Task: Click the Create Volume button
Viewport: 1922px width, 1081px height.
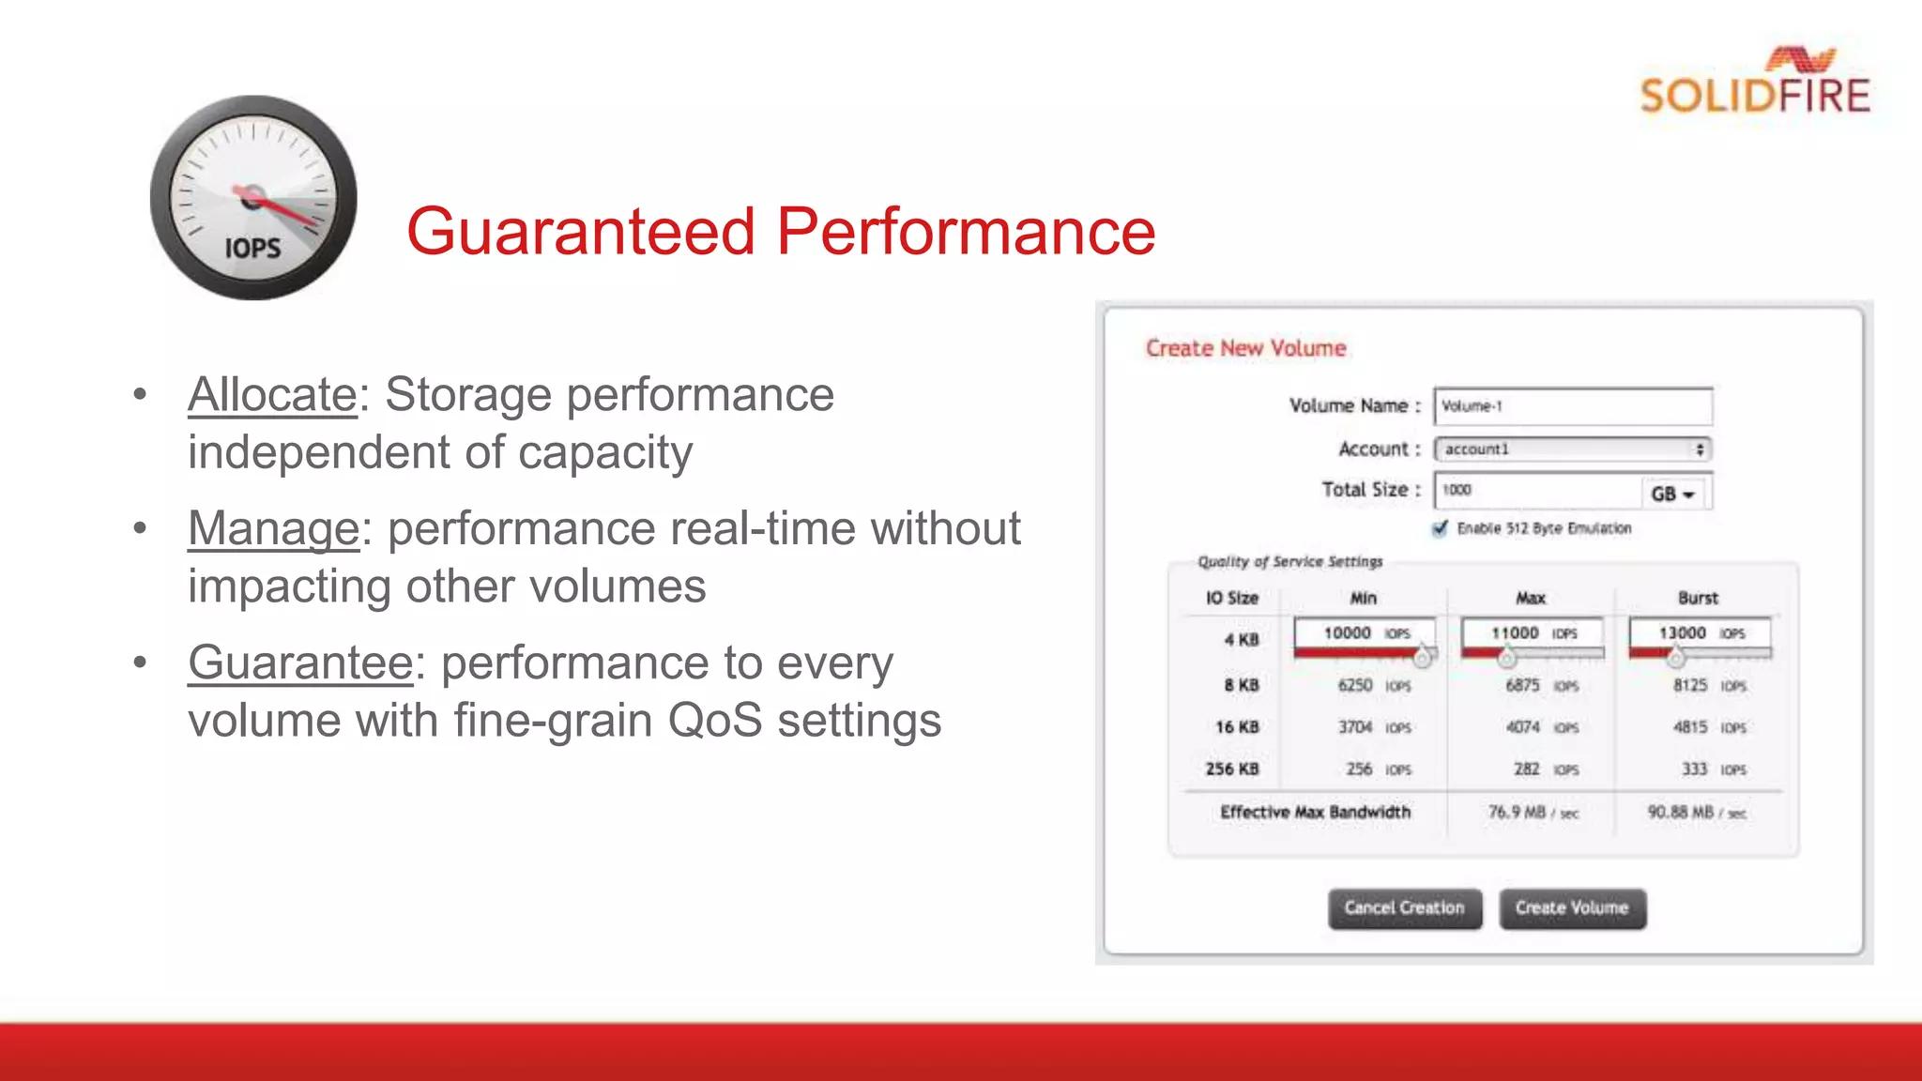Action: [1572, 908]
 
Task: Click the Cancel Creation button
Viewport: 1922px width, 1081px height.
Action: [1404, 908]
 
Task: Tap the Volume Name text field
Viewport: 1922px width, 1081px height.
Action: [1572, 406]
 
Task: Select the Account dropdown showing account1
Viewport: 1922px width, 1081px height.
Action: [1572, 449]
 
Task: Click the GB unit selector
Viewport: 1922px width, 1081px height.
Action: [1673, 494]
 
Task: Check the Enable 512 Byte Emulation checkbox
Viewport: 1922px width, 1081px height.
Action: [1441, 528]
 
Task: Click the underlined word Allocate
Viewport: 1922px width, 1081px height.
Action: [272, 394]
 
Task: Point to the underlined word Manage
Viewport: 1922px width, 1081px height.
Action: [273, 528]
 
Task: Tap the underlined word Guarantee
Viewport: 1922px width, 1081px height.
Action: [300, 662]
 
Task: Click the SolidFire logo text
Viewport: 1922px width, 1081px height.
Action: [1754, 96]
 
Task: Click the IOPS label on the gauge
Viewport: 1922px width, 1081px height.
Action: [252, 249]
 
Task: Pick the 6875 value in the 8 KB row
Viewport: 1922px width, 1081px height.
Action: [1522, 686]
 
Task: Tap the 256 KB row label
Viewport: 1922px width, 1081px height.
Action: [1231, 769]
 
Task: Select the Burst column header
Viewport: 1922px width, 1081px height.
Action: [1698, 599]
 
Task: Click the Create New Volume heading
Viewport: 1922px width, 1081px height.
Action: [1245, 348]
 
